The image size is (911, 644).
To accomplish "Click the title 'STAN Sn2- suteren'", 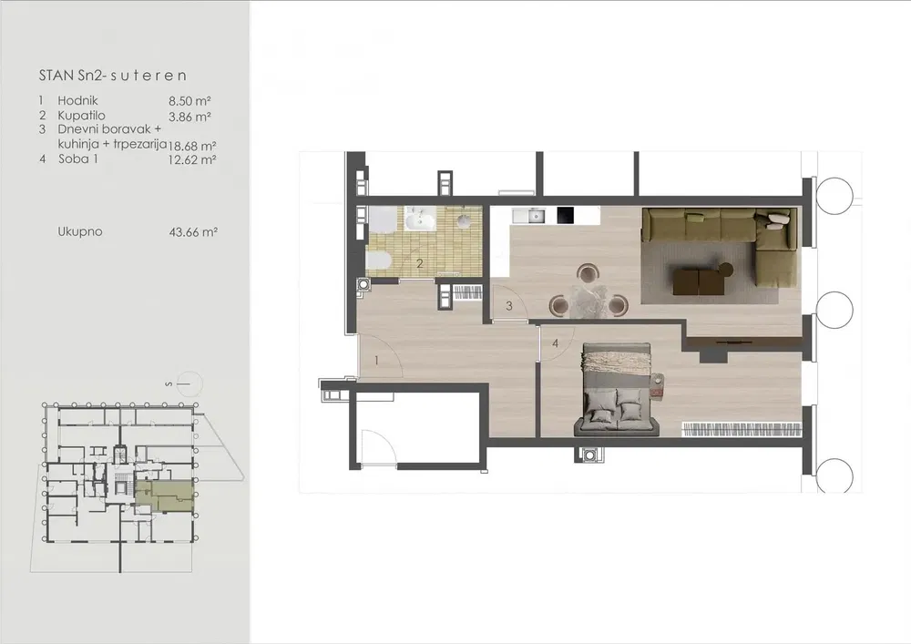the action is point(113,76).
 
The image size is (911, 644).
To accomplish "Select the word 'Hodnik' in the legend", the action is point(77,100).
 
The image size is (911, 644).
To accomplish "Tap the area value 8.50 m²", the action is point(189,101).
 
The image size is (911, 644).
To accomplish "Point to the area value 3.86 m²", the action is point(189,117).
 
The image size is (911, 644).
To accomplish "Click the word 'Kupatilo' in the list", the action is point(81,116).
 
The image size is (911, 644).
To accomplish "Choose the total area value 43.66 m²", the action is point(193,232).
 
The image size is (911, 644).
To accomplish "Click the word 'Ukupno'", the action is point(79,231).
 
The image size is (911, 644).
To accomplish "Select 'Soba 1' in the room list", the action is point(78,158).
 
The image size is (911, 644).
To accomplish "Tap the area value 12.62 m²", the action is point(192,159).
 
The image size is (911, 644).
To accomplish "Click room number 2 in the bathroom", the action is point(420,263).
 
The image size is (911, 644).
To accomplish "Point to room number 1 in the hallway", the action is point(376,361).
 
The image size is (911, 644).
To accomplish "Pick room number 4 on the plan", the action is point(555,343).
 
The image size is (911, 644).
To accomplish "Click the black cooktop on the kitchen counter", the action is point(566,215).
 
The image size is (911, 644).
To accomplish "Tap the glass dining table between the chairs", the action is point(589,301).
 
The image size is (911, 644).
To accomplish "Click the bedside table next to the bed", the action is point(657,384).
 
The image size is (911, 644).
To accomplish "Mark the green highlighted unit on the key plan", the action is point(165,495).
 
